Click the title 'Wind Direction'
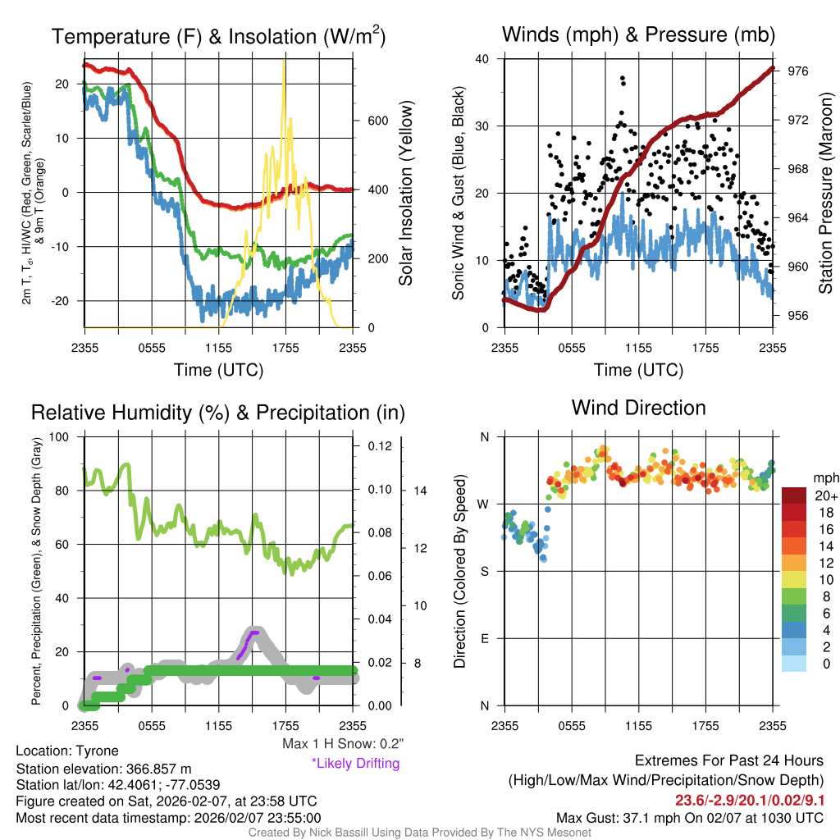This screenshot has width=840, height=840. tap(638, 408)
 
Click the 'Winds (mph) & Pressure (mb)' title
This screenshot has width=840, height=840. tap(638, 34)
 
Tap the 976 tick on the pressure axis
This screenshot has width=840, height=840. tap(798, 71)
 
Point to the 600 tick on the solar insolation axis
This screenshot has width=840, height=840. tap(377, 121)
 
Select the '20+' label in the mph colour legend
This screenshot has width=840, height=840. tap(826, 495)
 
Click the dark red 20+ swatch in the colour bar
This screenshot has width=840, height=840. tap(794, 495)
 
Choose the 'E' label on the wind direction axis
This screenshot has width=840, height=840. tap(484, 638)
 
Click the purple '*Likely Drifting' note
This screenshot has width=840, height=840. tap(355, 763)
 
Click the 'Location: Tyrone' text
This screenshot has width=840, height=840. tap(67, 751)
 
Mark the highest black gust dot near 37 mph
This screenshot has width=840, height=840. tap(623, 79)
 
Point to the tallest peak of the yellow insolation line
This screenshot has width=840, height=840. tap(284, 62)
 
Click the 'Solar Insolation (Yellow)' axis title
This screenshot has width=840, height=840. tap(405, 193)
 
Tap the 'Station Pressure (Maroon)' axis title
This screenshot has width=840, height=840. tap(826, 193)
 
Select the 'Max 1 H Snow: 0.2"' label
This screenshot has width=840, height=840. tap(342, 743)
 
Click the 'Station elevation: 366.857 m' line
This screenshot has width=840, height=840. tap(103, 769)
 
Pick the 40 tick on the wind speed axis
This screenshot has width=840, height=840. tap(483, 59)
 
